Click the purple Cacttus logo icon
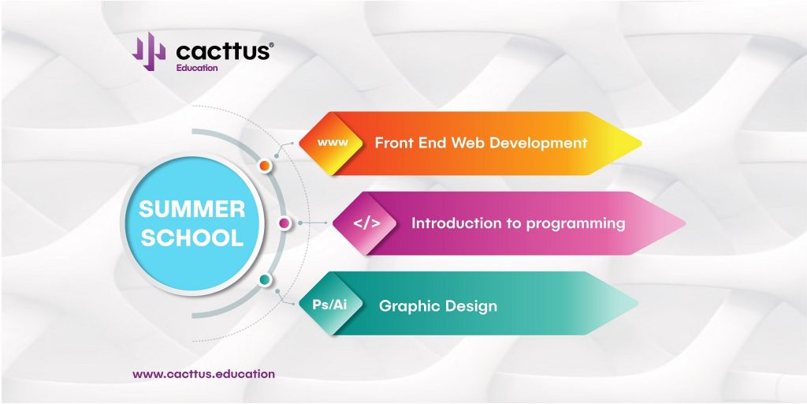[149, 51]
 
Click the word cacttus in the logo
[223, 51]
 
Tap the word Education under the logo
[196, 68]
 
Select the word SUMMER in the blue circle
[192, 209]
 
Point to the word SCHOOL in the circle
[192, 238]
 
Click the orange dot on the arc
[265, 166]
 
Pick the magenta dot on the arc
[284, 223]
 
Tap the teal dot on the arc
[265, 280]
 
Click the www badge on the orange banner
[333, 143]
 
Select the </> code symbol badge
[366, 223]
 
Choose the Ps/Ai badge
[330, 304]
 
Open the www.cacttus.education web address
[203, 374]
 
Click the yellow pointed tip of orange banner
[640, 144]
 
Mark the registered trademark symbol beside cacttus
[271, 45]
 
